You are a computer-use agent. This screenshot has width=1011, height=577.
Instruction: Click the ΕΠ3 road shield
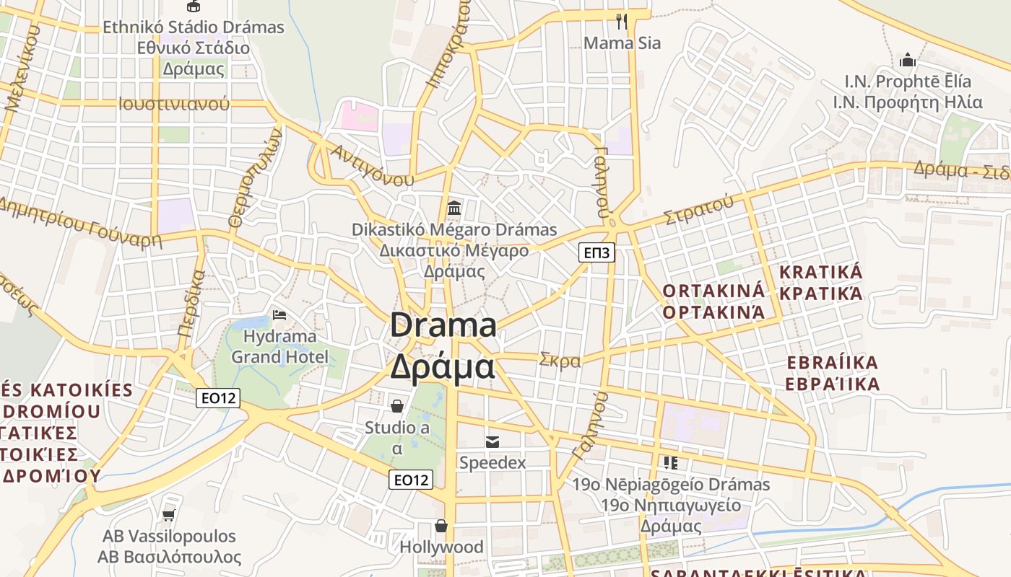[596, 252]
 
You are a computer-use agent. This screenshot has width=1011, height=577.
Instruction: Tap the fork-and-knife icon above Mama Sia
[622, 21]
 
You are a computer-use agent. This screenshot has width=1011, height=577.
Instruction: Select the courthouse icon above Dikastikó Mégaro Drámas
[454, 208]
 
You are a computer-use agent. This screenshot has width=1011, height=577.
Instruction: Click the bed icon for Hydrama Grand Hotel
[279, 315]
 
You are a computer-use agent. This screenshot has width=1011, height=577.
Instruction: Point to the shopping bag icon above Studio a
[396, 406]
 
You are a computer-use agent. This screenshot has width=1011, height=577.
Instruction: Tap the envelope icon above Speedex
[493, 441]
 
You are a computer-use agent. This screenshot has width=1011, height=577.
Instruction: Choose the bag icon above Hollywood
[441, 526]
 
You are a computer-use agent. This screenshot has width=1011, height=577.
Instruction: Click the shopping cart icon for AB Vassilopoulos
[169, 515]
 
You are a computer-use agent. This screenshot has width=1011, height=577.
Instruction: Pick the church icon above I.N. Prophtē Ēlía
[908, 60]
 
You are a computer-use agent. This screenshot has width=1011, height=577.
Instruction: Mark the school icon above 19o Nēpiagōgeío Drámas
[671, 462]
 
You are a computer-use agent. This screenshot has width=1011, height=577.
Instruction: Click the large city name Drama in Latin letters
[443, 325]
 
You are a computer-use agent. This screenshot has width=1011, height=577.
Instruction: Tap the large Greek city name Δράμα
[443, 366]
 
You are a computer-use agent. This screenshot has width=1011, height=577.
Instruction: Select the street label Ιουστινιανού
[174, 103]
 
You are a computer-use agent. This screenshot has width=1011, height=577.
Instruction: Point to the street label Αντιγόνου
[373, 165]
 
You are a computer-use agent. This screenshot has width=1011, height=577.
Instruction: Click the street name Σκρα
[560, 361]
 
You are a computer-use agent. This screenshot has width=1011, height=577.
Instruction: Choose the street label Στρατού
[698, 209]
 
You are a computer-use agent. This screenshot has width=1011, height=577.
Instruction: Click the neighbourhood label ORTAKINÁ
[713, 291]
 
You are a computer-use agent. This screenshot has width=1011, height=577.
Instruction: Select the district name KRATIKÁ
[821, 273]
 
